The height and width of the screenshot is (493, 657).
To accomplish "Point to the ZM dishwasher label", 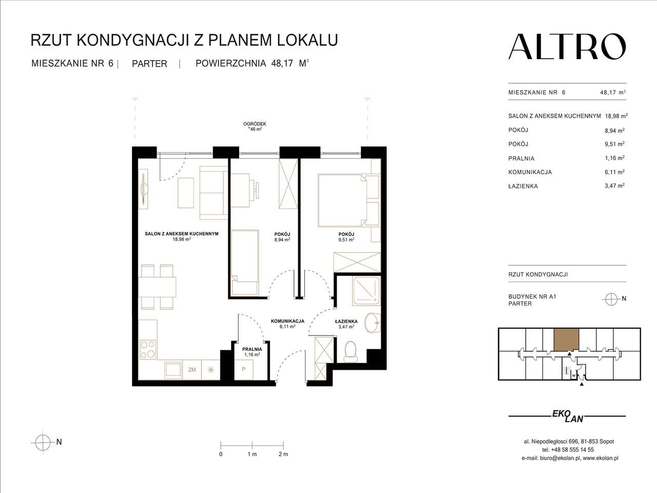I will point(192,369).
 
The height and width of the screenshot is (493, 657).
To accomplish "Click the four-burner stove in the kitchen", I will point(147,350).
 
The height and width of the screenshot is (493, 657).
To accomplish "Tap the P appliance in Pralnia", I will point(244,370).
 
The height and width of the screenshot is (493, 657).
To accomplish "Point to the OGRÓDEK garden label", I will point(255,124).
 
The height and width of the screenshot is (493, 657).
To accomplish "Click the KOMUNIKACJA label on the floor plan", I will point(287,321).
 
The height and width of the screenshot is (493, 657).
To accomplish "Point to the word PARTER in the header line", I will point(149,64).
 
